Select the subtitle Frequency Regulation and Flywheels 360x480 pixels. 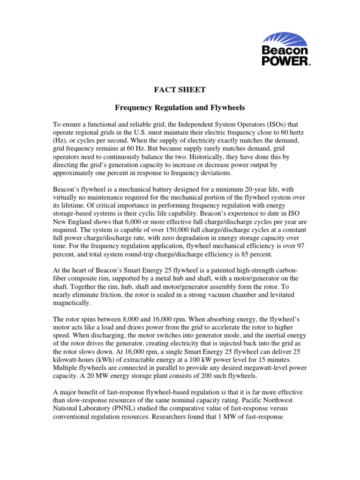click(x=180, y=107)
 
